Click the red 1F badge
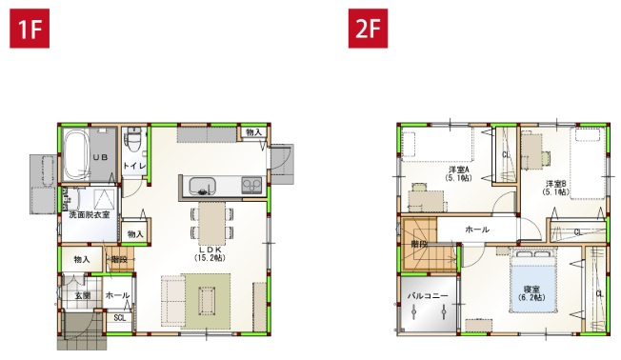click(28, 28)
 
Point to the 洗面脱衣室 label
click(88, 215)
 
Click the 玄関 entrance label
click(84, 295)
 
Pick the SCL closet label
click(119, 318)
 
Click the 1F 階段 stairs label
click(119, 259)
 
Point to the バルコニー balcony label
click(428, 297)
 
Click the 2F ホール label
click(477, 230)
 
